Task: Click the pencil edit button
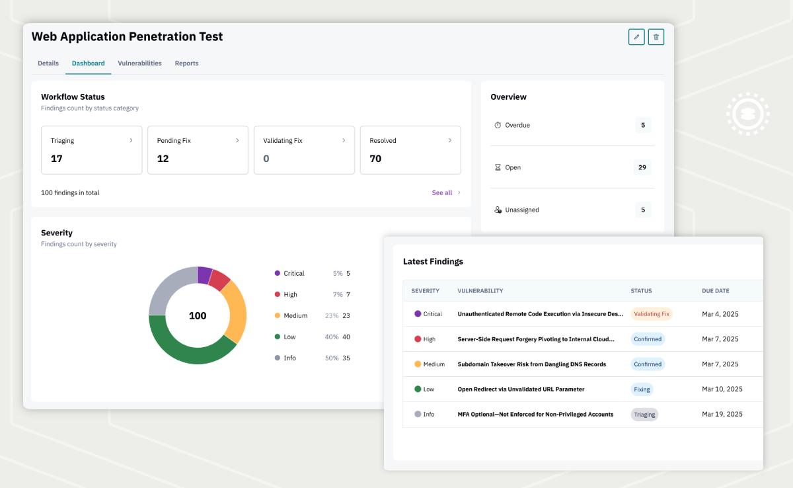636,37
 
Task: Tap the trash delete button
656,37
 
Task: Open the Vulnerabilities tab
139,63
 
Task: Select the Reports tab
186,63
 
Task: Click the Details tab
48,63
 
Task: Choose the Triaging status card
92,150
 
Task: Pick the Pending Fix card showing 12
198,150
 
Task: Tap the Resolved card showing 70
410,150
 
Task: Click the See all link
442,193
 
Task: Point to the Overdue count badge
642,125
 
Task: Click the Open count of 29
642,167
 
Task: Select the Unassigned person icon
498,210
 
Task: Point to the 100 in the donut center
198,316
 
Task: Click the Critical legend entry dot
278,273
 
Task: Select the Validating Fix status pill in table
651,314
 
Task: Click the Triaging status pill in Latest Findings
644,415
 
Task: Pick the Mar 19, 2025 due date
722,415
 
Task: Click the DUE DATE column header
716,291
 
